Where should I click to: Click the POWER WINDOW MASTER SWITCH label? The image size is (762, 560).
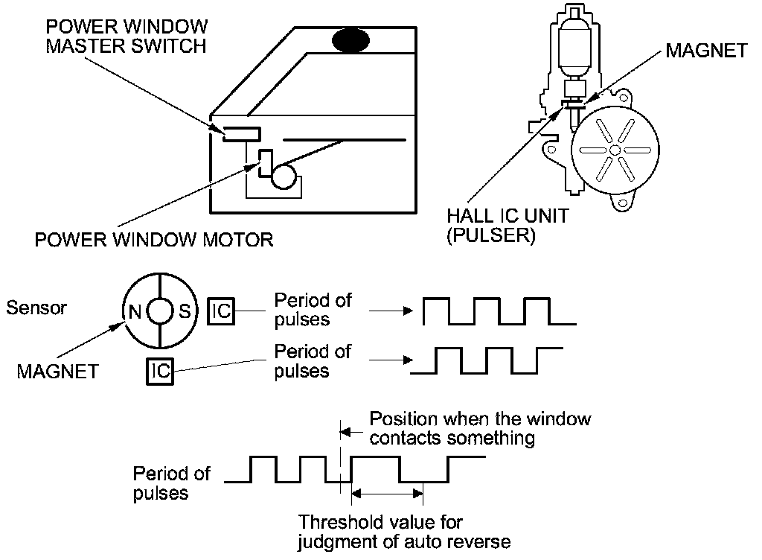127,35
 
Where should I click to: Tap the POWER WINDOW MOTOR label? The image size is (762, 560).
154,240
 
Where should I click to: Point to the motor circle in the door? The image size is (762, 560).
284,177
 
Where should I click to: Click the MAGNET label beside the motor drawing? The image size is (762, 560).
707,51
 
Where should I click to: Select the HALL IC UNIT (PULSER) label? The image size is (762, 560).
508,226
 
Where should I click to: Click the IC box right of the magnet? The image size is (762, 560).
221,312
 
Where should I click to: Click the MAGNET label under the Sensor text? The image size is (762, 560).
57,371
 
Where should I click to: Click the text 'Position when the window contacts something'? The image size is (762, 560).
480,428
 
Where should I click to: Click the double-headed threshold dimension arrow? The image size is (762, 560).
387,492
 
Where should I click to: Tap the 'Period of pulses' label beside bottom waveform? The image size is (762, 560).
171,483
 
